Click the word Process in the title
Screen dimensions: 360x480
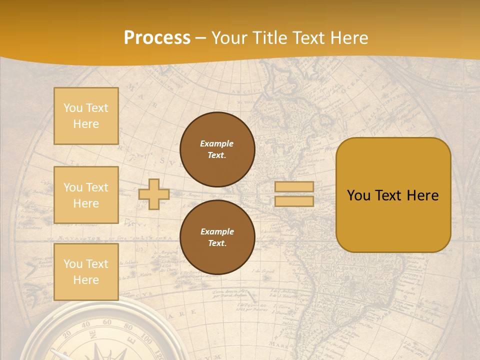(157, 38)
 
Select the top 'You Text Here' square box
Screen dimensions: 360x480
(86, 116)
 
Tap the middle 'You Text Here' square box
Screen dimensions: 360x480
(86, 195)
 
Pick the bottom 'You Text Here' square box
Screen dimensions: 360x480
(86, 271)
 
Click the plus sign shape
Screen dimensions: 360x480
(154, 194)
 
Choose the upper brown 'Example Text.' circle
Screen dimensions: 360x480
(217, 149)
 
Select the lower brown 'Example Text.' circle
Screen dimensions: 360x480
(217, 237)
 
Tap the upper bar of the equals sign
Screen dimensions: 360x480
(294, 187)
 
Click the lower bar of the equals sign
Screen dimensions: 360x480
(294, 201)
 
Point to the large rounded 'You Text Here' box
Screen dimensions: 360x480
(393, 195)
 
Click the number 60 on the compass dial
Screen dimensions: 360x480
(107, 322)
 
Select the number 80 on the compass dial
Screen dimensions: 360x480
(128, 327)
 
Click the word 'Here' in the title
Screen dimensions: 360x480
(348, 38)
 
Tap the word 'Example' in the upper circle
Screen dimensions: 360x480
(217, 143)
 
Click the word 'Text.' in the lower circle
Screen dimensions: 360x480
(217, 243)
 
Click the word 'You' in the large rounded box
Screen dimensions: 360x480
(358, 195)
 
